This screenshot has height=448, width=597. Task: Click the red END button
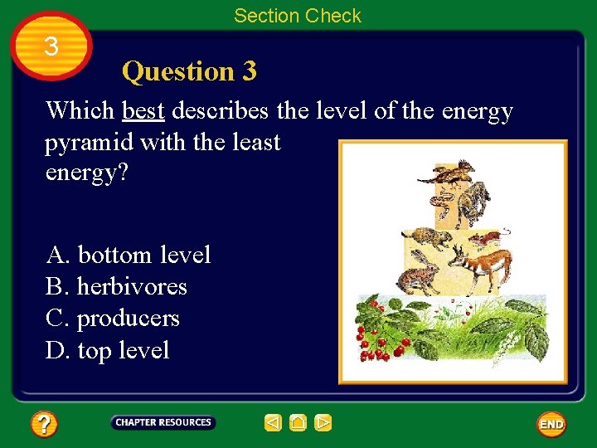click(x=551, y=424)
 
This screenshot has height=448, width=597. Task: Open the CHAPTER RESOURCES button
click(x=163, y=422)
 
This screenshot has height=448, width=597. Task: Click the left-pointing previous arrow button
click(x=273, y=423)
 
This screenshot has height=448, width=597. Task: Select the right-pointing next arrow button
click(x=323, y=423)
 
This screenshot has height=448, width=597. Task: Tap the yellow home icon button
click(x=298, y=423)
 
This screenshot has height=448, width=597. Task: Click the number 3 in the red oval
click(x=51, y=46)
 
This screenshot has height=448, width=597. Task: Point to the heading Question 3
click(x=189, y=71)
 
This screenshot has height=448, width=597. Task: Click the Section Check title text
click(x=298, y=15)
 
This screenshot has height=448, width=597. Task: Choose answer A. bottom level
click(x=129, y=255)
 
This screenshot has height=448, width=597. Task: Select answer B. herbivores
click(x=116, y=287)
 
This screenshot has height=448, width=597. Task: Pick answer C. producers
click(x=113, y=319)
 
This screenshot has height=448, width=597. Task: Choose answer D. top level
click(x=108, y=350)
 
